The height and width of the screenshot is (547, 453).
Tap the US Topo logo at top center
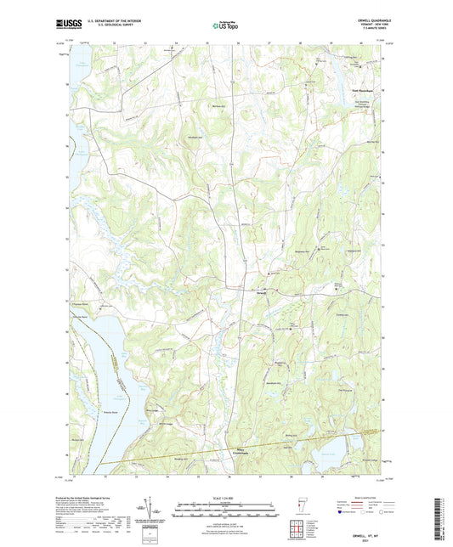(226, 26)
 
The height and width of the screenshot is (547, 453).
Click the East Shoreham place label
(363, 89)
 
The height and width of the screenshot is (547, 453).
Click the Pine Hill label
(344, 389)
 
